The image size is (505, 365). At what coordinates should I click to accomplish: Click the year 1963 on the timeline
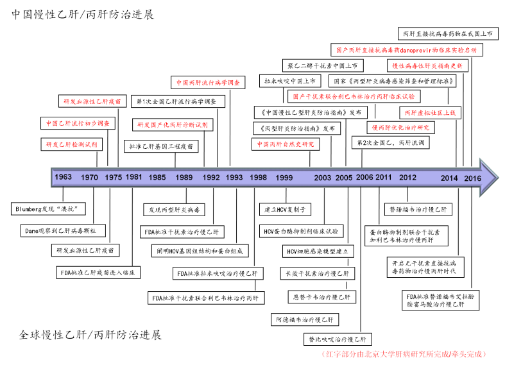coord(64,178)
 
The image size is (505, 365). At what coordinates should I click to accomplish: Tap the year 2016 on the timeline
coord(472,178)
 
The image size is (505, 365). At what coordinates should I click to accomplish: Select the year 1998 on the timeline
coord(259,178)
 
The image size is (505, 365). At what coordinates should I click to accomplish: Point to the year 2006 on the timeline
coord(364,178)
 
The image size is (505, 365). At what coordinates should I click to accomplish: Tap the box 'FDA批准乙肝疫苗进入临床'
coord(98,273)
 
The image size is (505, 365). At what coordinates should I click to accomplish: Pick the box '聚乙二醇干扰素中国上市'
coord(323,65)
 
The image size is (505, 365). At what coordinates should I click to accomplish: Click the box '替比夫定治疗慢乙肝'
coord(335,339)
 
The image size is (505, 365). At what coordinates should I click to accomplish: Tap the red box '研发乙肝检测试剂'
coord(71,144)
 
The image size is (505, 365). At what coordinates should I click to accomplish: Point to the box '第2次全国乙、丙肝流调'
coord(391,143)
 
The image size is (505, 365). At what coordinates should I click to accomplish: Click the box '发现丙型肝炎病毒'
coord(175,210)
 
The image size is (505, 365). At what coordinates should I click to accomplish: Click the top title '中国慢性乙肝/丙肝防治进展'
coord(83,13)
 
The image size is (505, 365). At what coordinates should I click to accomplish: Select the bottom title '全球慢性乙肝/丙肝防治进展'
coord(90,335)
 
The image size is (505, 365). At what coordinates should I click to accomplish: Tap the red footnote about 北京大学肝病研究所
coord(402,353)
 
